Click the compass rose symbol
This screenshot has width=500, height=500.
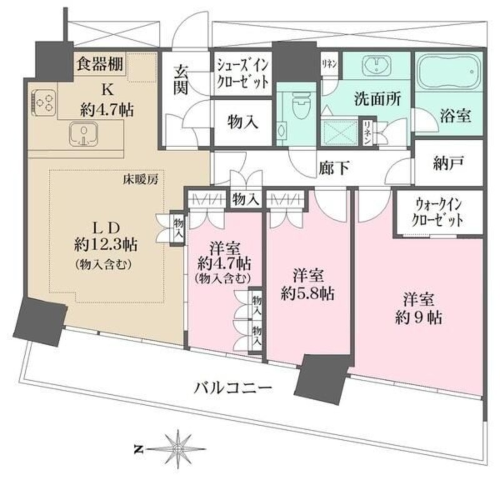tap(179, 447)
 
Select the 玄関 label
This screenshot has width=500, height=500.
tap(181, 79)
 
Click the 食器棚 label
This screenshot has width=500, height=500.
tap(100, 63)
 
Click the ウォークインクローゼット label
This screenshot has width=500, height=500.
tap(439, 212)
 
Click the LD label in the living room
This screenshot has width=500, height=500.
tap(103, 224)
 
